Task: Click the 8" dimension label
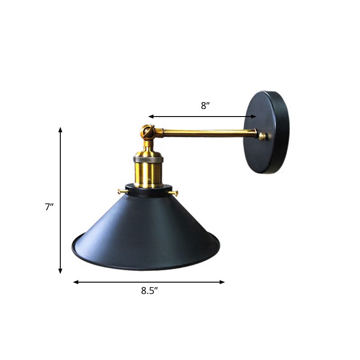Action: pos(205,106)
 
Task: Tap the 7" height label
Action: pos(49,207)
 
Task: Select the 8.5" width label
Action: pos(149,291)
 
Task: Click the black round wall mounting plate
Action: pos(267,132)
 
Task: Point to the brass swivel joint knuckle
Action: pos(147,132)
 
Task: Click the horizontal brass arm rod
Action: pos(207,133)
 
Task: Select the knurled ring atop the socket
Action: pos(148,159)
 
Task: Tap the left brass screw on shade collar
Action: pos(121,191)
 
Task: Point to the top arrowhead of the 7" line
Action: pos(60,130)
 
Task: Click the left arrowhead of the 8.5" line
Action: pos(76,282)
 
